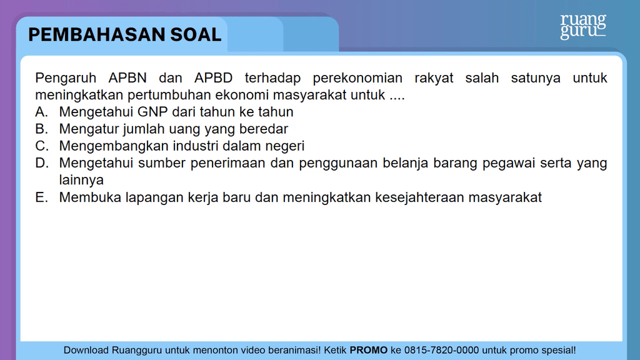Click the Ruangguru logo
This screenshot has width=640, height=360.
582,26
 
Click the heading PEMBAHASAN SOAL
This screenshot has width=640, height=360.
125,34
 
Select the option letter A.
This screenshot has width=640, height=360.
41,112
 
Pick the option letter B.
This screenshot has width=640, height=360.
41,129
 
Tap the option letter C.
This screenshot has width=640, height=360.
41,146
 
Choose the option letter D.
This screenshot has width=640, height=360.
41,163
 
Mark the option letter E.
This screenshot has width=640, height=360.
41,197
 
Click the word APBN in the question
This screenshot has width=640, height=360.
127,78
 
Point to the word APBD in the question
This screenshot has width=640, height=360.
213,78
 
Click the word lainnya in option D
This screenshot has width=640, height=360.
81,180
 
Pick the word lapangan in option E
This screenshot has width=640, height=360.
156,198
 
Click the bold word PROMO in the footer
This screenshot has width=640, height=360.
369,350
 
